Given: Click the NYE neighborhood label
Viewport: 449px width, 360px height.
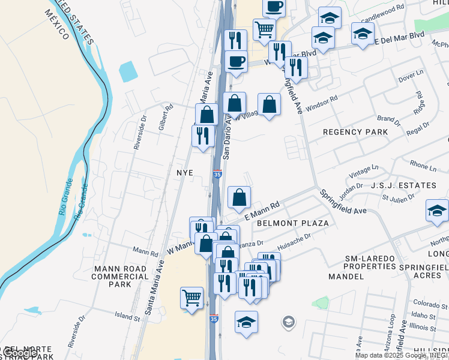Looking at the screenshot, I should [184, 172].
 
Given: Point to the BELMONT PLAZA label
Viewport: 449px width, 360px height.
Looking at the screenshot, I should [292, 223].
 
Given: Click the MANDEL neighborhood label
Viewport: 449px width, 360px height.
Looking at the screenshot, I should [346, 277].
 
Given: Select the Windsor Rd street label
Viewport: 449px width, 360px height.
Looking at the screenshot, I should [322, 104].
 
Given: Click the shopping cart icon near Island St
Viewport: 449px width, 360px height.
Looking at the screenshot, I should [191, 298].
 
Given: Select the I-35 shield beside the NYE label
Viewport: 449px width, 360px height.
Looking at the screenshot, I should [217, 174].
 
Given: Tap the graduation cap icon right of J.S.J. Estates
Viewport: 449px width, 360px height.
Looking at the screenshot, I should [437, 211].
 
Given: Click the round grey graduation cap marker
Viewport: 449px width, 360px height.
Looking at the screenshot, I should [288, 322].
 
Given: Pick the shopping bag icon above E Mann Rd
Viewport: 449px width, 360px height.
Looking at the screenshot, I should [239, 197].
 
